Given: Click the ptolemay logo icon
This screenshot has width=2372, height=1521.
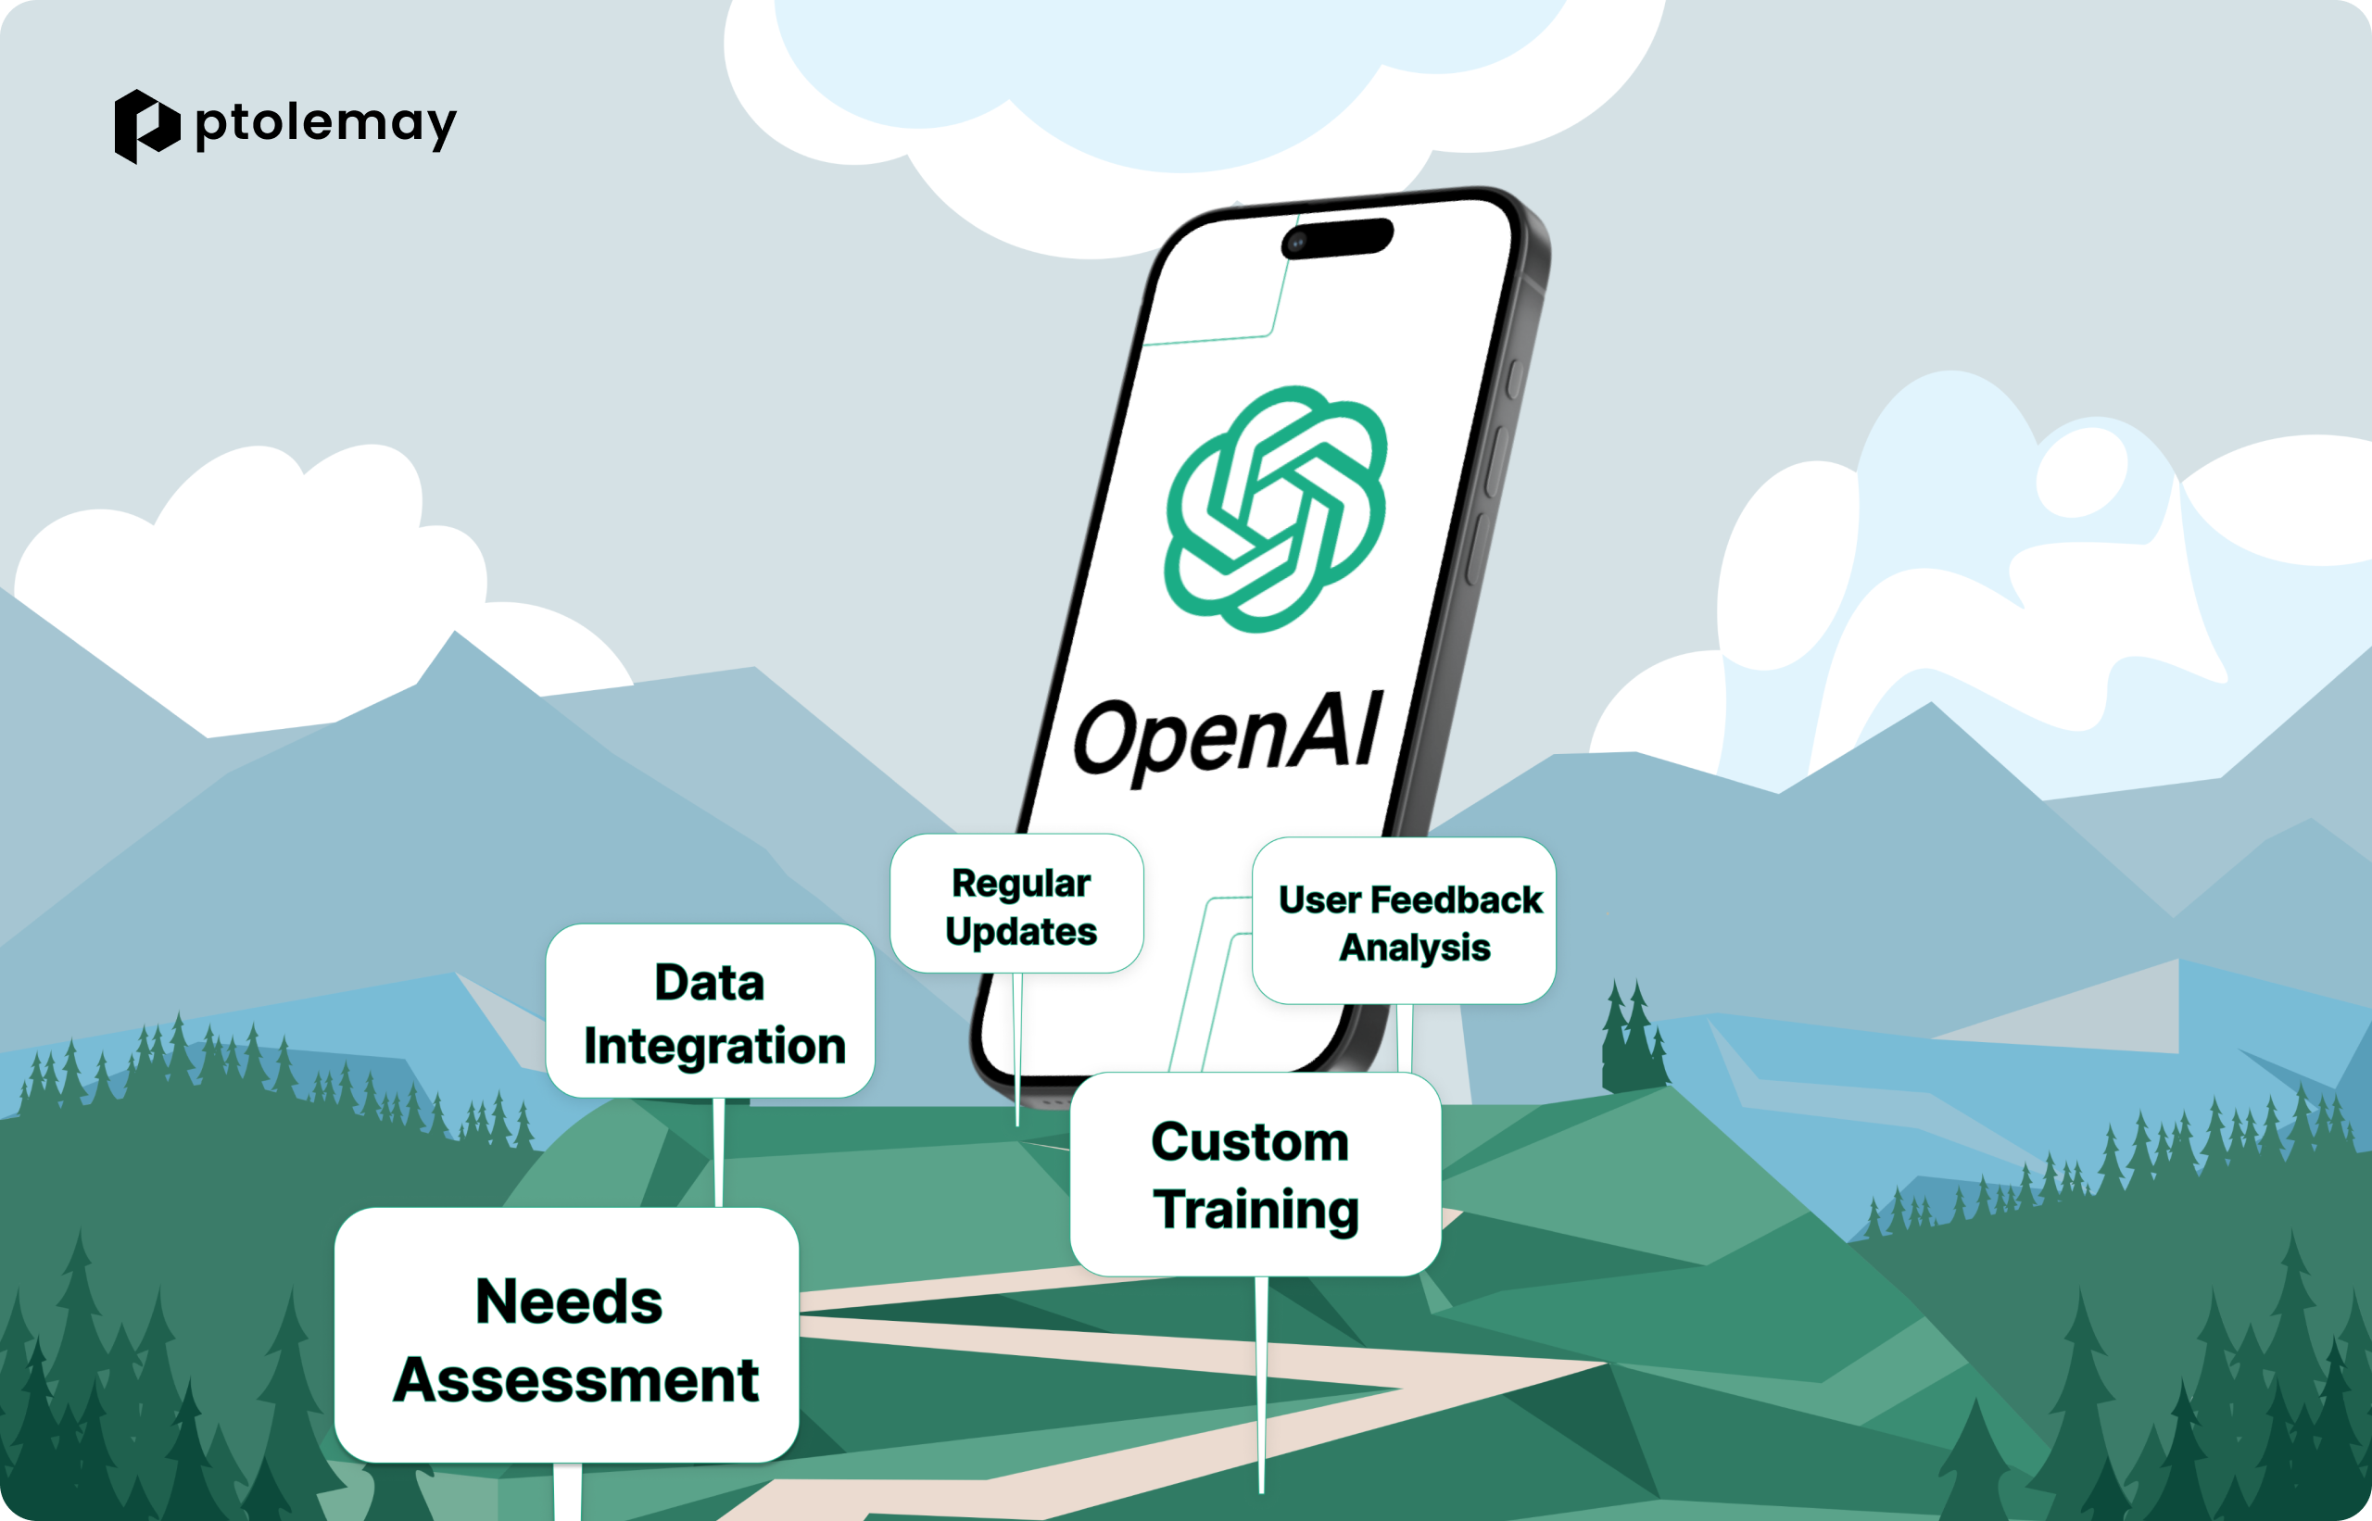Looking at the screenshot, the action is (x=147, y=126).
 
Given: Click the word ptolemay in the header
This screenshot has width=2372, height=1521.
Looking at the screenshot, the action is (x=326, y=124).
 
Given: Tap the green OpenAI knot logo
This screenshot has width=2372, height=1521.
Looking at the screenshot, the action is (x=1275, y=509).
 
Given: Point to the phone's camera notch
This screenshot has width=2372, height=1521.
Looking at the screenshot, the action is (x=1337, y=238).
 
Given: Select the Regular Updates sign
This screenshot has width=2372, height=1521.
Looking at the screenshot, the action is (x=1016, y=904).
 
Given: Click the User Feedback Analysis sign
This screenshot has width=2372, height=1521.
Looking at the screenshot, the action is (x=1404, y=921).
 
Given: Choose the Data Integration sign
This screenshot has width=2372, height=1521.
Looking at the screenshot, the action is (x=711, y=1011).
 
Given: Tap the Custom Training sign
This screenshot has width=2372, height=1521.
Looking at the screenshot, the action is (x=1255, y=1175).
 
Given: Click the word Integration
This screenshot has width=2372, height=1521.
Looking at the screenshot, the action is (x=715, y=1047).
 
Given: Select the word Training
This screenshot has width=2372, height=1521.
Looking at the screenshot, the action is (x=1256, y=1211).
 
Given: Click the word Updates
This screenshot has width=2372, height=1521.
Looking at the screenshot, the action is (x=1021, y=931).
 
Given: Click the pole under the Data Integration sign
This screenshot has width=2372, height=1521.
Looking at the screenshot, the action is (x=719, y=1152).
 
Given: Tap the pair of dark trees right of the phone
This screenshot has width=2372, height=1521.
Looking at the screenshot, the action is (x=1633, y=1035).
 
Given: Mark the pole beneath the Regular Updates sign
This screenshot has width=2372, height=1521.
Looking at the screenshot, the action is (x=1017, y=1050).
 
